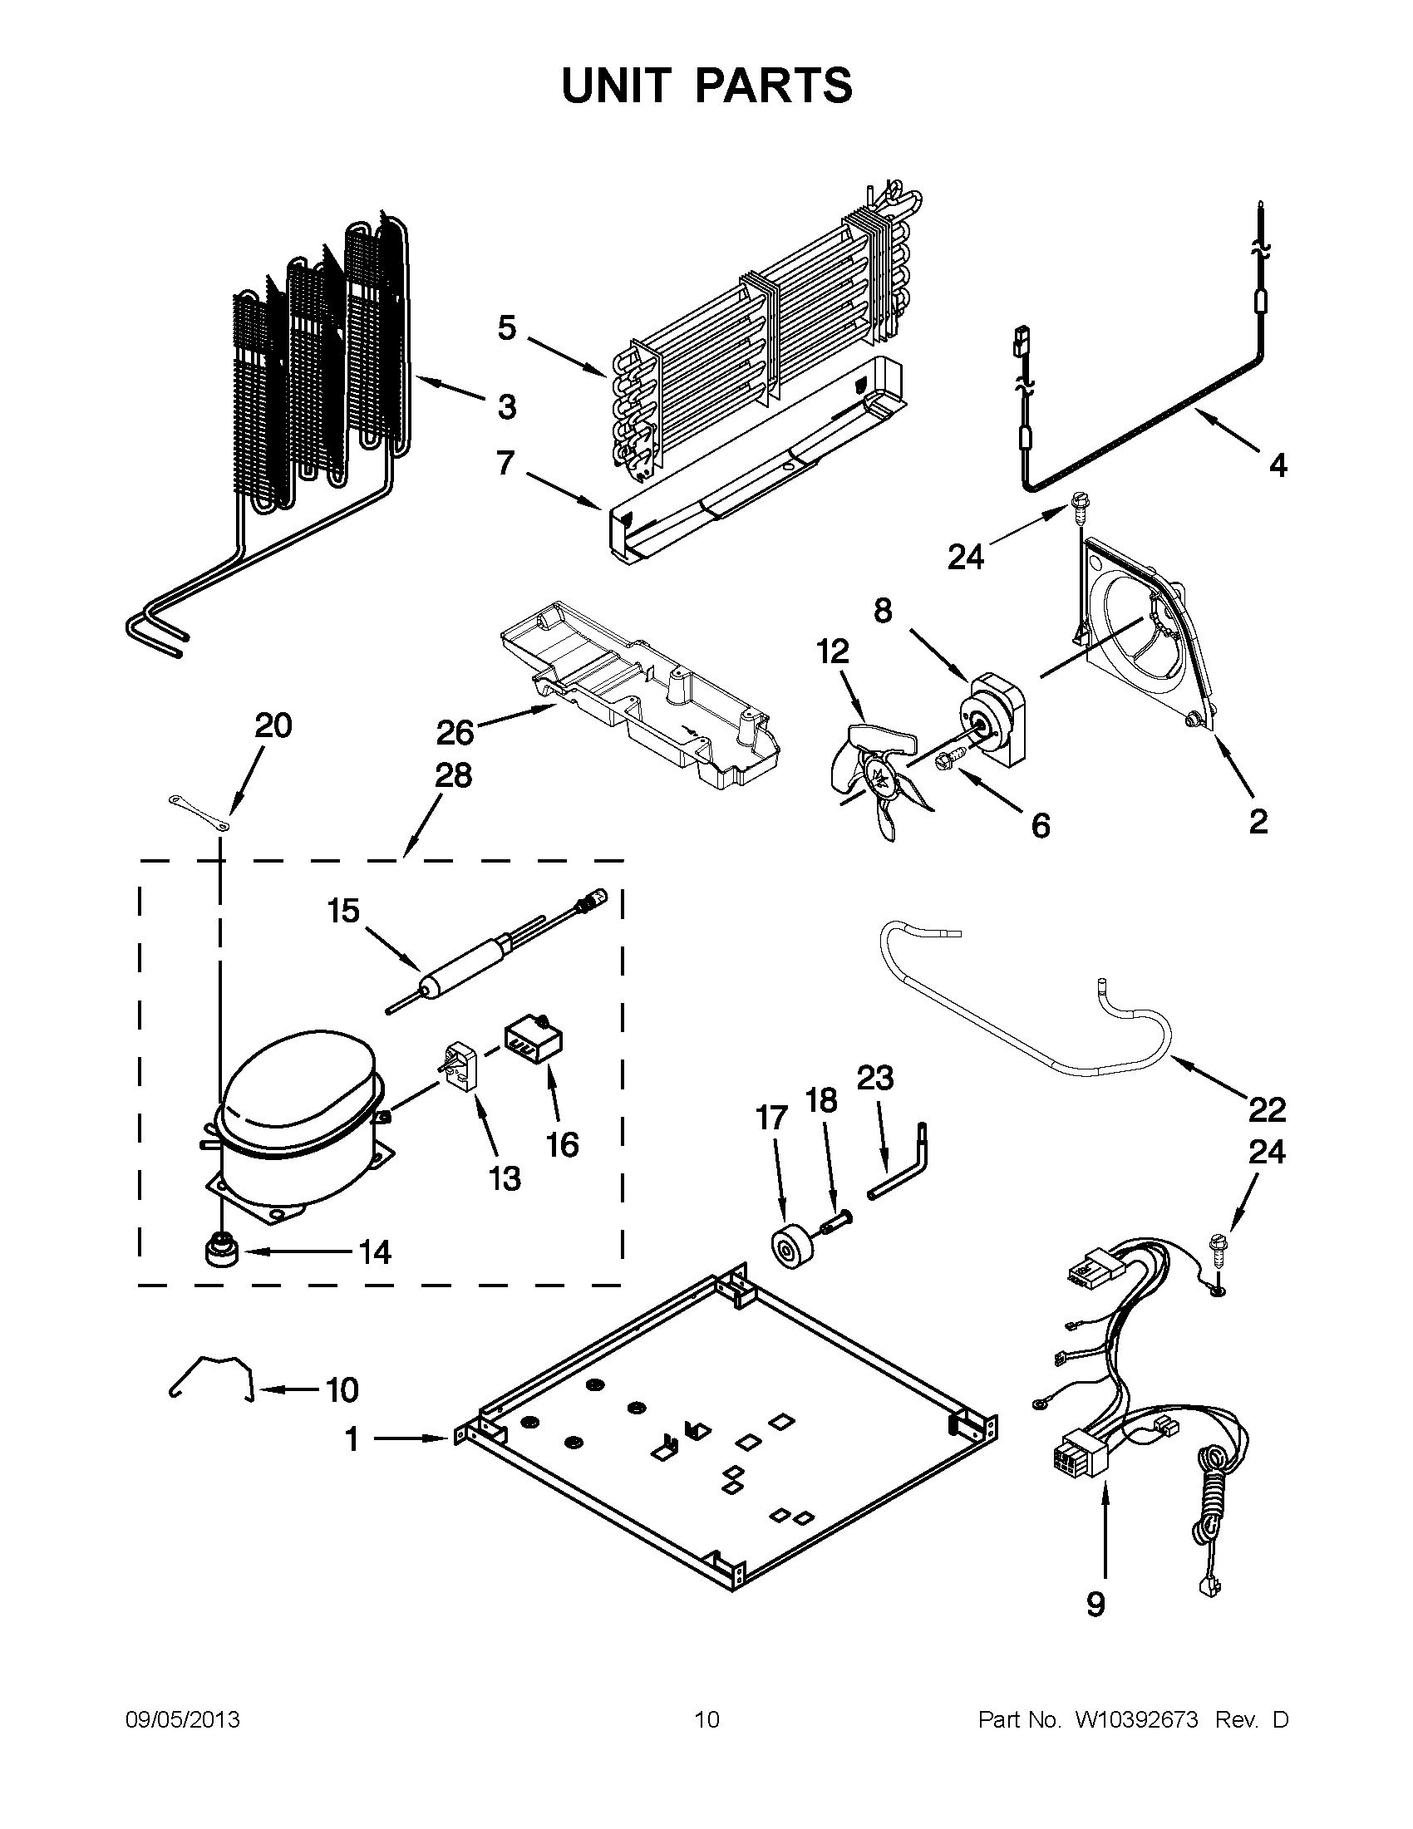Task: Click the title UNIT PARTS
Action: [x=706, y=86]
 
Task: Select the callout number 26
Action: [x=455, y=733]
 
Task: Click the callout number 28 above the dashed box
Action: [x=453, y=775]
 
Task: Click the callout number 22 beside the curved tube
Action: [x=1266, y=1109]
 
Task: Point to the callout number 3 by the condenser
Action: [x=506, y=407]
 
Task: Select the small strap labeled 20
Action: [x=199, y=814]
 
